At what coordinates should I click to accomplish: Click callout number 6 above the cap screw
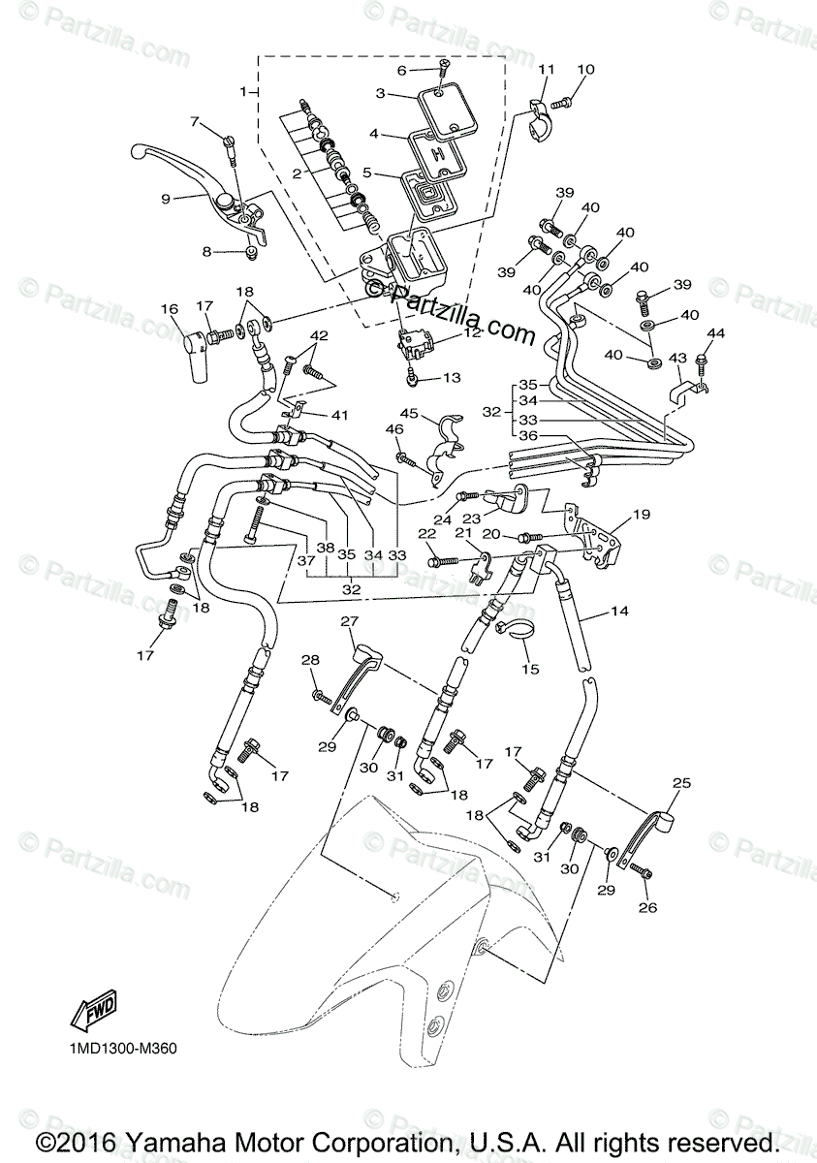tap(401, 70)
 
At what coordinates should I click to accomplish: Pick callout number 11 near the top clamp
tap(547, 70)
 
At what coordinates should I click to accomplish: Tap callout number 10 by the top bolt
tap(585, 70)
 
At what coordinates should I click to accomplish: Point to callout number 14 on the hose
tap(620, 613)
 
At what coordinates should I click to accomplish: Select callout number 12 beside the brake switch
tap(472, 331)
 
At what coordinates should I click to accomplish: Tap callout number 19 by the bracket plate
tap(642, 514)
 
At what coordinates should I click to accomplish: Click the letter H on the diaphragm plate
tap(438, 154)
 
